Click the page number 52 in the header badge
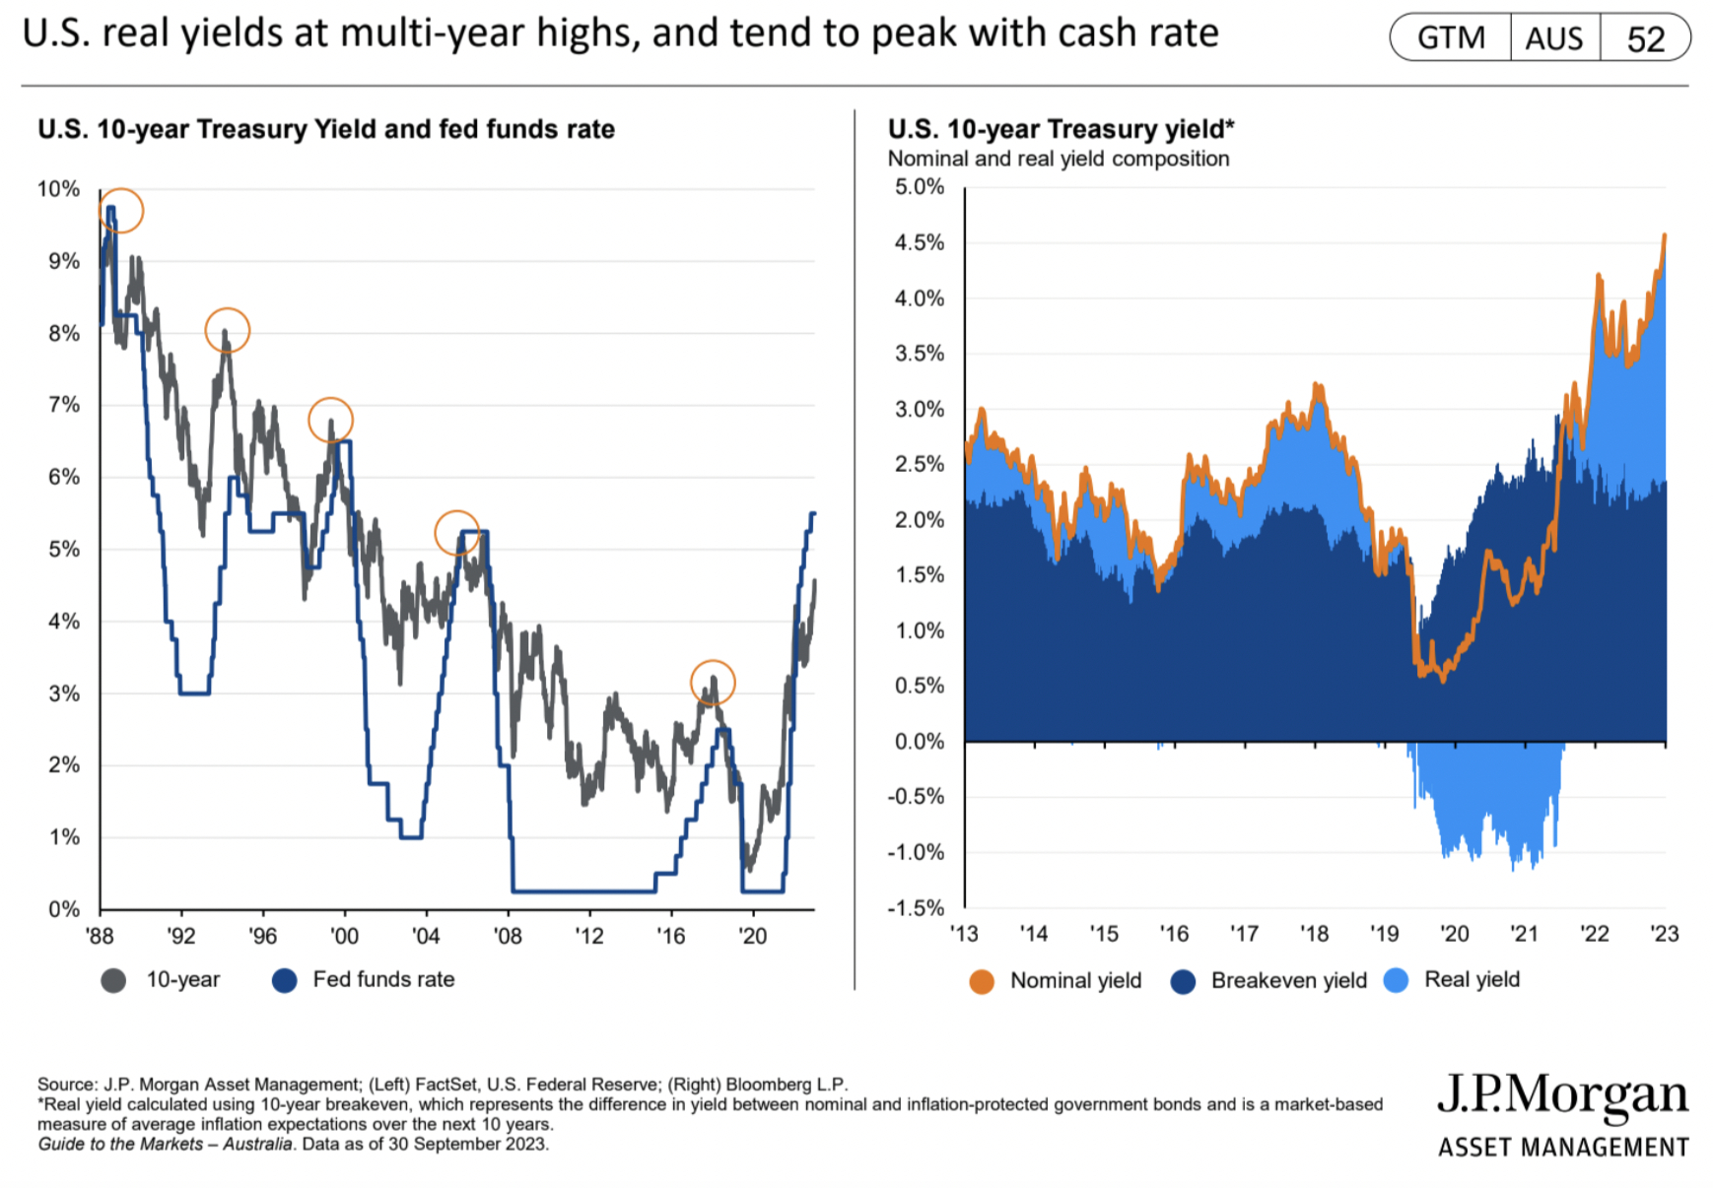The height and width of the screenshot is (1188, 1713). [1645, 38]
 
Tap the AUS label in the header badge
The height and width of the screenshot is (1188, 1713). [1554, 38]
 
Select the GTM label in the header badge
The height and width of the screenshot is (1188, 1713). [1451, 38]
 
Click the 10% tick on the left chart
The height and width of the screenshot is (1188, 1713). [58, 189]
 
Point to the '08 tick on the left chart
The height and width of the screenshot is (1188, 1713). [508, 936]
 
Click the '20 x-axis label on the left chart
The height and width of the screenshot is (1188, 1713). [752, 936]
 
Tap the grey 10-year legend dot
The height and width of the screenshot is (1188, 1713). [113, 980]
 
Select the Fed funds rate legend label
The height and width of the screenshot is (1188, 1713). [383, 979]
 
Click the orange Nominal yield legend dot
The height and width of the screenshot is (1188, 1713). [982, 981]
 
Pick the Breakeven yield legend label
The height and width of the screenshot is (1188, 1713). [1288, 980]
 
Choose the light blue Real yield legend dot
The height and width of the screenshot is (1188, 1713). [1396, 980]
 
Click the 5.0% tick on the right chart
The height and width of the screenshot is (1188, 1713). [920, 187]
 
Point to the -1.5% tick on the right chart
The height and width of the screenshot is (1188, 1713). [916, 907]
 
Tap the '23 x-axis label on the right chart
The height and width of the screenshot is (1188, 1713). [1664, 934]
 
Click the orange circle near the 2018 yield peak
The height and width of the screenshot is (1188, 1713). [713, 682]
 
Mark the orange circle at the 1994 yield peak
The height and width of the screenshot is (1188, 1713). [228, 330]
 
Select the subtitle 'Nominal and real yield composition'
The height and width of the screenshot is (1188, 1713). [1059, 159]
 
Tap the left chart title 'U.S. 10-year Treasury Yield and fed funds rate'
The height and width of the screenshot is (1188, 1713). [326, 129]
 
